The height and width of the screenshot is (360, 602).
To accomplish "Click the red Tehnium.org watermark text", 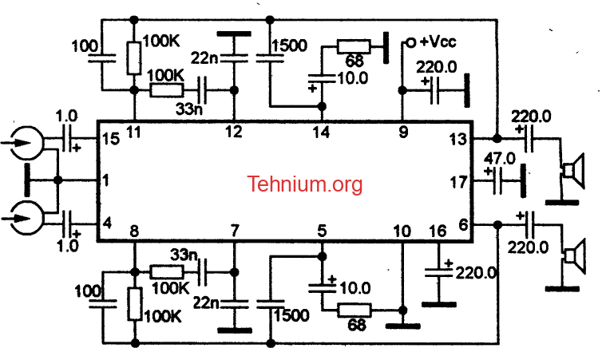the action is coord(304,184).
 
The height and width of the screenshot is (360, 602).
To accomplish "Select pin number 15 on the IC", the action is coord(111,139).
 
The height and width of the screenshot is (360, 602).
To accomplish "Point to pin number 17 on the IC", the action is coord(458,182).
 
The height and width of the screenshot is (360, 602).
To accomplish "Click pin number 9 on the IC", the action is coord(403,132).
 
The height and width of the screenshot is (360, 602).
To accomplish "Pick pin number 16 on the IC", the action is coord(438,231).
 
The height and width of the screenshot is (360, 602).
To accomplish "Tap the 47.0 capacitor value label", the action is coord(500,159).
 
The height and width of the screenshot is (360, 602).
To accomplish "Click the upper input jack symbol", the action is coord(26,143).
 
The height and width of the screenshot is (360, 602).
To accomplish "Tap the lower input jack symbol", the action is coord(26,218).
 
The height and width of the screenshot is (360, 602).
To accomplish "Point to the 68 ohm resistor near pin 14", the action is coord(354,46).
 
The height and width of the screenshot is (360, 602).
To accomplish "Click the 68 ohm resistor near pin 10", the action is coord(354,310).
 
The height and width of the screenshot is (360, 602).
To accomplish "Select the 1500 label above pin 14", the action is coord(290,45).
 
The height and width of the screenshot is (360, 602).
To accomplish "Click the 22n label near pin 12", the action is coord(204,58).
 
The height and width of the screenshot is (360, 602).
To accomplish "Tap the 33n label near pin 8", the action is coord(184,255).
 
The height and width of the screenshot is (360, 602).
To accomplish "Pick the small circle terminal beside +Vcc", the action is coord(411,42).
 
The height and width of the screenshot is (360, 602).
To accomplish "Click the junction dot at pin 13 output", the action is coord(497,138).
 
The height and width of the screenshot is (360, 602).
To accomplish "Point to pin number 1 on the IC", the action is coord(106,180).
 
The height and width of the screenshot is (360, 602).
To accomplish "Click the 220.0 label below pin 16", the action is coord(476,273).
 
